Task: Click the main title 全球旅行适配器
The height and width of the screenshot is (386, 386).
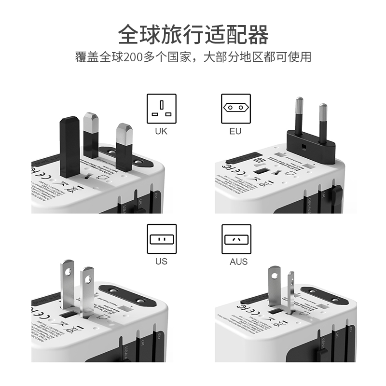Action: point(193,35)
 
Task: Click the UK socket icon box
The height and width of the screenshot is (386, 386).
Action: point(162,109)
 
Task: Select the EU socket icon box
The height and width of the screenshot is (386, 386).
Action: point(236,109)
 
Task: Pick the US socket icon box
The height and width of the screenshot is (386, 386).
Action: point(162,239)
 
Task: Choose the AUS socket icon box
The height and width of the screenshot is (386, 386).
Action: point(236,239)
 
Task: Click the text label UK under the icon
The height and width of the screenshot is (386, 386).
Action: point(161,131)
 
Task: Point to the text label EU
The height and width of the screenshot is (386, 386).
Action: point(236,131)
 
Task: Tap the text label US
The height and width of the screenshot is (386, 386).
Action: point(161,262)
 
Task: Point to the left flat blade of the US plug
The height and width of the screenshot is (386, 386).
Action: point(68,285)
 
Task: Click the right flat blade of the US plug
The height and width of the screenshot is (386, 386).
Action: point(87,289)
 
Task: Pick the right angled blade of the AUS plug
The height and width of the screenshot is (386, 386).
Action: point(290,292)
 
